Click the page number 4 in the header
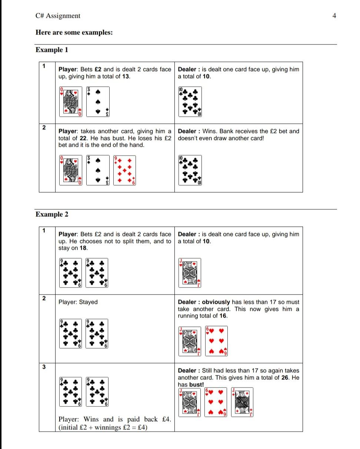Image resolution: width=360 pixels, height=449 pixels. coord(334,16)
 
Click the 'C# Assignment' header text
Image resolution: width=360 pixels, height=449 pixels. coord(58,16)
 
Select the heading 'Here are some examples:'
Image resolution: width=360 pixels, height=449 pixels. coord(74,33)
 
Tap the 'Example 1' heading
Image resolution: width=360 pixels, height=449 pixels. coord(52,50)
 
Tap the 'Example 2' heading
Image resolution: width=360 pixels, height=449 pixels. coord(52,214)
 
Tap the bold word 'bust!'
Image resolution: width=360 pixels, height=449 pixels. coord(196,385)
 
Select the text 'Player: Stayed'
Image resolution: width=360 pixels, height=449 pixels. coord(78,302)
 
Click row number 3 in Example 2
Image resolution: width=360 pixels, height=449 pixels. coord(44,367)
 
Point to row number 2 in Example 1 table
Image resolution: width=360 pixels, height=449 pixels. coord(44,127)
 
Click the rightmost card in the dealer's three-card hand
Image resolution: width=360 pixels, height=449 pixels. coord(242,402)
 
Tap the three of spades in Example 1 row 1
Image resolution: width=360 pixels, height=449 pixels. coord(98,102)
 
